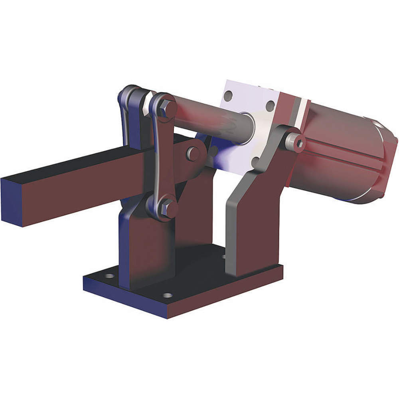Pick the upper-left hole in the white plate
coord(228,96)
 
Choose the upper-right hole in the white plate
coord(270,106)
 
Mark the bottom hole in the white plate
coord(255,161)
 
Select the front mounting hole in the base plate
coord(168,296)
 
